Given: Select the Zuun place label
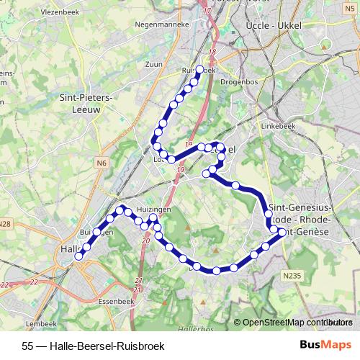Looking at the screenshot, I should [x=154, y=64].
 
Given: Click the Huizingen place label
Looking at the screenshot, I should [x=153, y=210].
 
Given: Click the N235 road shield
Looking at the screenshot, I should [x=291, y=275].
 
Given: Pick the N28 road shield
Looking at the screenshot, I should [x=4, y=224].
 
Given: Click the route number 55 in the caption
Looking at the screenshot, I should [x=28, y=344].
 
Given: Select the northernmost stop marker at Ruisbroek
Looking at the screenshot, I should [x=200, y=70].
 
